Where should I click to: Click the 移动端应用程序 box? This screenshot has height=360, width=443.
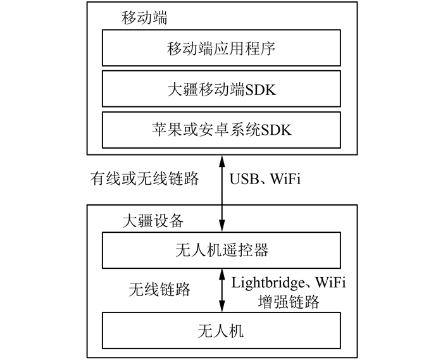[x=221, y=48]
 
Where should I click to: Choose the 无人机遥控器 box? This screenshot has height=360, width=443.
[x=221, y=251]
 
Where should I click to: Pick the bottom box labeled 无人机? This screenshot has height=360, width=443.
[x=221, y=331]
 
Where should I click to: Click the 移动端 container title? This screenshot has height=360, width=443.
[x=144, y=18]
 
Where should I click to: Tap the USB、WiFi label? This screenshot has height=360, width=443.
[x=265, y=179]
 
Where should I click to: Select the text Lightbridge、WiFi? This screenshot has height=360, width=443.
[x=290, y=281]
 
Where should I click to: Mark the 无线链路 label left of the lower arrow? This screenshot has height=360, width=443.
[x=159, y=290]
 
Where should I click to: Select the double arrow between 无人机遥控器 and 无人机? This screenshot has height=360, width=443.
[x=221, y=290]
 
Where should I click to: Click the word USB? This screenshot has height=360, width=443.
[x=242, y=179]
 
